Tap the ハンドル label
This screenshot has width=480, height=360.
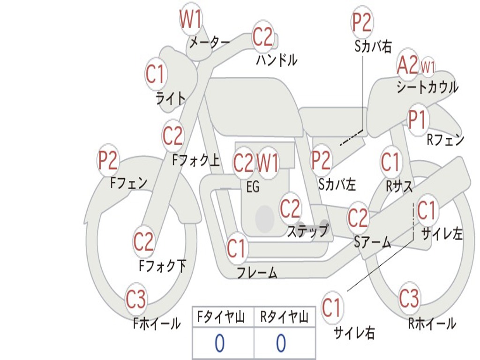[277, 60]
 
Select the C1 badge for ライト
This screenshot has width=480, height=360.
[156, 74]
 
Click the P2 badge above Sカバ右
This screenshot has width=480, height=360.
[362, 22]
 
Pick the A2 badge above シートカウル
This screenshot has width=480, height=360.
[407, 66]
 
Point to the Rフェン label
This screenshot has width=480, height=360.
[445, 140]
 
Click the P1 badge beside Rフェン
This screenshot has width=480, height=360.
[417, 120]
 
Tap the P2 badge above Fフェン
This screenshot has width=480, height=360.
[108, 161]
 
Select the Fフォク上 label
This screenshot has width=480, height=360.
[195, 161]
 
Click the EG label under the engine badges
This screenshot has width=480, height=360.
[253, 187]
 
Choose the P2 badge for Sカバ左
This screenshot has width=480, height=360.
[322, 160]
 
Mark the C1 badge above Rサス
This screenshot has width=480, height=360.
[390, 162]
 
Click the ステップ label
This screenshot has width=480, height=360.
[307, 231]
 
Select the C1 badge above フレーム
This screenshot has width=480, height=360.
[236, 248]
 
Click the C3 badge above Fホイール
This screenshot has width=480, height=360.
[136, 299]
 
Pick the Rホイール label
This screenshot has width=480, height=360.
[432, 323]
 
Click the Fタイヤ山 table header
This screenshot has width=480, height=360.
[222, 318]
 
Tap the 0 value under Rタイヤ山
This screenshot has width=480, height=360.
[281, 344]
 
